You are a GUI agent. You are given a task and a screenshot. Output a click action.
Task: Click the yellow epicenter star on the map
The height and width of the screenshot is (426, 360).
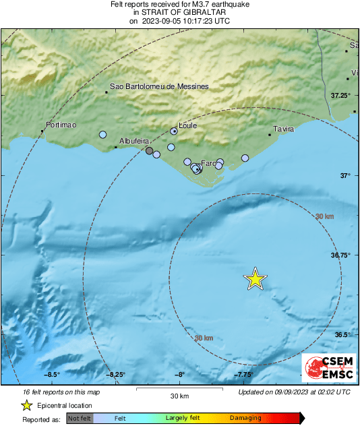255,278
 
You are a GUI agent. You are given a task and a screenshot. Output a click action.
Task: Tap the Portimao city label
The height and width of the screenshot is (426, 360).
61,125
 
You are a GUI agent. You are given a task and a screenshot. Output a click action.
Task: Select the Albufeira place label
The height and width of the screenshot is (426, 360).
133,141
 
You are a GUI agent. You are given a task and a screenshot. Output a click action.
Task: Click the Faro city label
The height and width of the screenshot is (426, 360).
208,163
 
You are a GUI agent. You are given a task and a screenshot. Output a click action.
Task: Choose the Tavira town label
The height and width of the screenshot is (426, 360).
284,129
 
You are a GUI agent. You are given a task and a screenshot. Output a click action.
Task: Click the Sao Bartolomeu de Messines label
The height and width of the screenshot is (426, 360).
160,87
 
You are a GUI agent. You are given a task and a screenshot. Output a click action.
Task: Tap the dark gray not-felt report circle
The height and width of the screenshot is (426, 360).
150,151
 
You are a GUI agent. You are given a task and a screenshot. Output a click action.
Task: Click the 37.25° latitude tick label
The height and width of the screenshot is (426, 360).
340,96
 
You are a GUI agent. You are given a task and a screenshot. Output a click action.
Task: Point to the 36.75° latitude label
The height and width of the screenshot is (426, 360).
341,255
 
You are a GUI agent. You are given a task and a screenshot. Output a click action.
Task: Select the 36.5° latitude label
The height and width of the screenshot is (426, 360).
343,335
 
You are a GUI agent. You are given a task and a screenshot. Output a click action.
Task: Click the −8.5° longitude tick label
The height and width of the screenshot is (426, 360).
53,375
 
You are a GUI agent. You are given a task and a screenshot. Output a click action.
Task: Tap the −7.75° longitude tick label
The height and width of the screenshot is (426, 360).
243,375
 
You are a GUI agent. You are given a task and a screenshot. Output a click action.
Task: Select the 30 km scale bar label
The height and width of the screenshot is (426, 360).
179,396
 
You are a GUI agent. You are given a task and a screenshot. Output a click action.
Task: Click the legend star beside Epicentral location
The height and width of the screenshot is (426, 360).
26,406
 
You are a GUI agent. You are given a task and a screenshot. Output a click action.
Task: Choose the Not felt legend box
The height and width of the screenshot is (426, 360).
80,419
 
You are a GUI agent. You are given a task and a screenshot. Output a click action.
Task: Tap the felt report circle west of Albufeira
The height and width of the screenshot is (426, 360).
102,135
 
